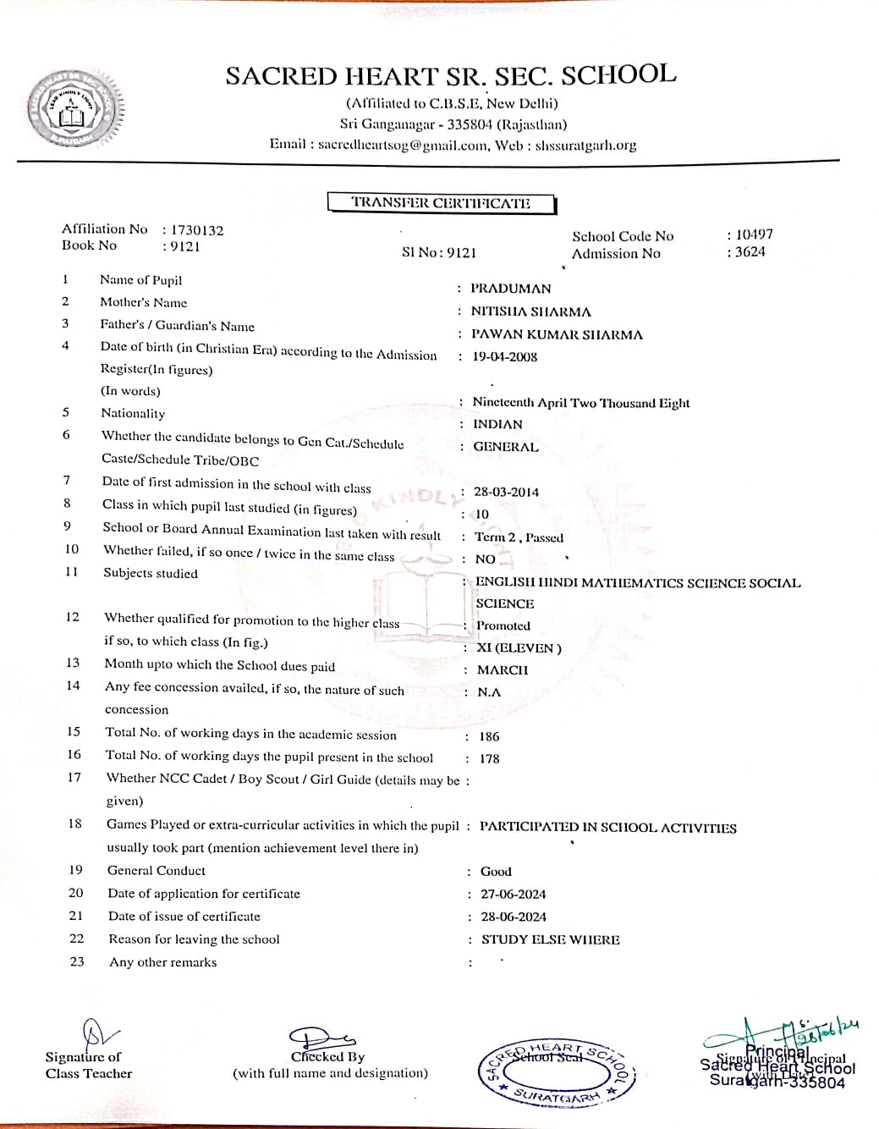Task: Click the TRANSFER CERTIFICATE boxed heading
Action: coord(441,203)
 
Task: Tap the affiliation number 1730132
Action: coord(197,230)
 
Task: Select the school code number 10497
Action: coord(754,234)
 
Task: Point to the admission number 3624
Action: coord(750,251)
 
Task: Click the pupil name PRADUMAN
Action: coord(510,289)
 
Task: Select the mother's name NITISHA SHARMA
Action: coord(530,311)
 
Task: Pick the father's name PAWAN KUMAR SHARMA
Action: coord(556,334)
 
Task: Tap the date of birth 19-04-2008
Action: coord(504,356)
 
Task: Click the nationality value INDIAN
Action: coord(497,424)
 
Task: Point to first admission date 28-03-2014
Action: coord(506,492)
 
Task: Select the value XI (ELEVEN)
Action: coord(519,647)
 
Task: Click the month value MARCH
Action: coord(502,669)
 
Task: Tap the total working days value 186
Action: coord(489,736)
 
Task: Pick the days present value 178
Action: coord(489,758)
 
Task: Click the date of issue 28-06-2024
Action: coord(513,917)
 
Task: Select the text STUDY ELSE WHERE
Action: coord(550,939)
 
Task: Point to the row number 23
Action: coord(77,961)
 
